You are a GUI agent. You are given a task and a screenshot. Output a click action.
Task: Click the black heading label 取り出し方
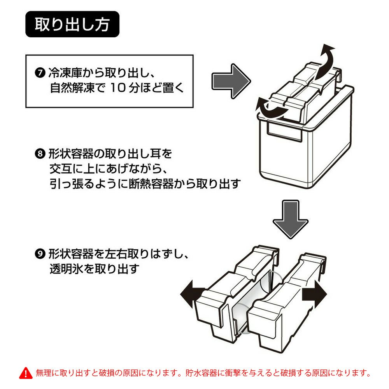72,24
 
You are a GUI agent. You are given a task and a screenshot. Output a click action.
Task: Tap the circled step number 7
40,73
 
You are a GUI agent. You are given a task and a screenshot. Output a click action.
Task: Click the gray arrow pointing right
230,81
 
